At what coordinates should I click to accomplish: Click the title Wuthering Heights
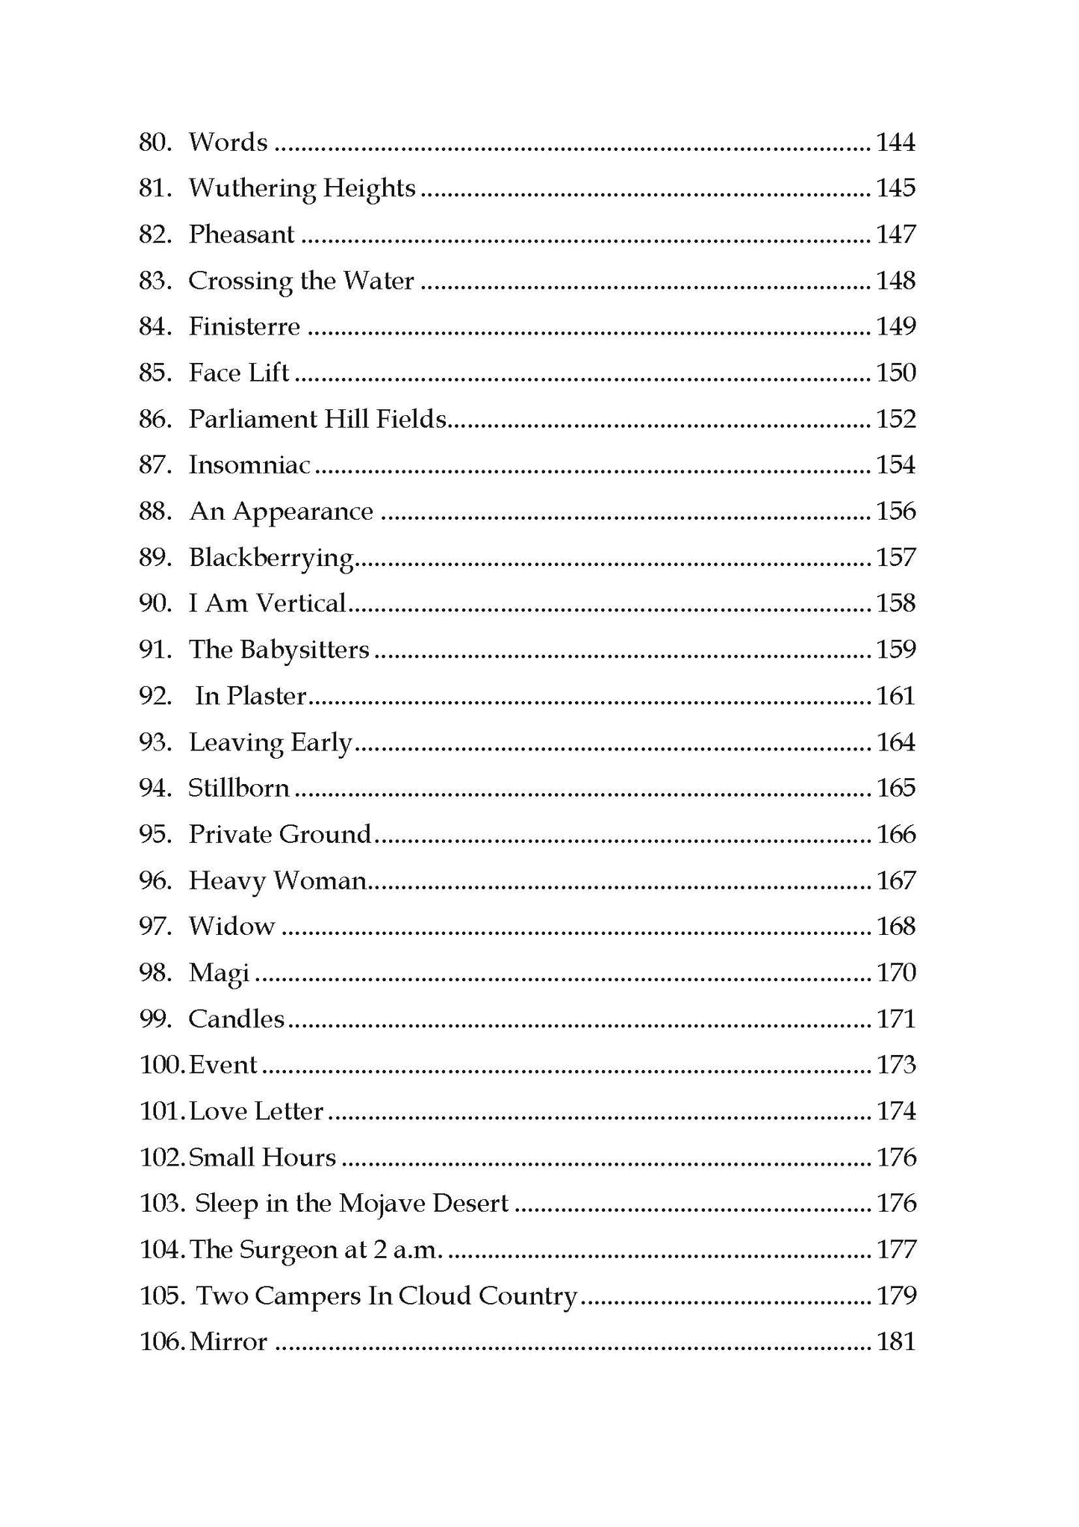(302, 188)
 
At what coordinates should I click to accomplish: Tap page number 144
(895, 142)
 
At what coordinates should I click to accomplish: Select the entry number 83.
(155, 281)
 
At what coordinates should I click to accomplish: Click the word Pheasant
(241, 234)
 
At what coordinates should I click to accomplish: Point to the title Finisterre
(244, 327)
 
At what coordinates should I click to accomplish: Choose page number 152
(895, 419)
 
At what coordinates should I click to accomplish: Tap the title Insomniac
(249, 465)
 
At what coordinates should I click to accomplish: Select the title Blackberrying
(270, 559)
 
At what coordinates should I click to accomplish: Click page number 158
(895, 603)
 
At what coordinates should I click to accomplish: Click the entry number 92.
(155, 696)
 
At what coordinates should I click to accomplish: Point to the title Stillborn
(239, 789)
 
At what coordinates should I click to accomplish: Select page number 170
(895, 973)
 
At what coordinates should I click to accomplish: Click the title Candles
(237, 1019)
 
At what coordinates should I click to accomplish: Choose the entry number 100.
(161, 1066)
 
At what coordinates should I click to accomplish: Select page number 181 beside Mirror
(895, 1342)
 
